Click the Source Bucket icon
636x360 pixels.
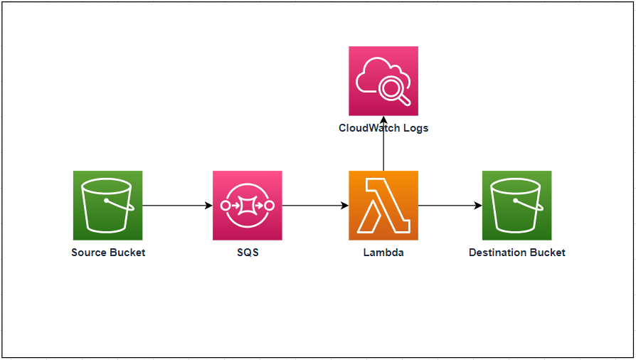[107, 205]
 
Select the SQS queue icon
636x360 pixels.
[247, 205]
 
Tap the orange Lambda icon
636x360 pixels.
[383, 205]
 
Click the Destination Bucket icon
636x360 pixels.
[516, 205]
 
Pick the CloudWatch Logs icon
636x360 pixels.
[383, 80]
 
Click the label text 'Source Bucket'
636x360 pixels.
[108, 253]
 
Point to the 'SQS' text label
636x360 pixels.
[248, 253]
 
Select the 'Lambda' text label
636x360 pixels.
[383, 253]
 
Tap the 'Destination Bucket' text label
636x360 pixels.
[517, 253]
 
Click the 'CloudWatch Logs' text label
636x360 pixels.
[383, 129]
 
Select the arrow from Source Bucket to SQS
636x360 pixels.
[177, 206]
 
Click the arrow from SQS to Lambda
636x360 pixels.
[315, 206]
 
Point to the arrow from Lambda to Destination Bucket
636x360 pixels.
[450, 206]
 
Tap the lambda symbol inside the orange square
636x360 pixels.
[383, 205]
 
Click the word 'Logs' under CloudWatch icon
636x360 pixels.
[414, 129]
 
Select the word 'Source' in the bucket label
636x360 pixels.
[89, 253]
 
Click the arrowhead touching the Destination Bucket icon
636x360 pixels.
[478, 206]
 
